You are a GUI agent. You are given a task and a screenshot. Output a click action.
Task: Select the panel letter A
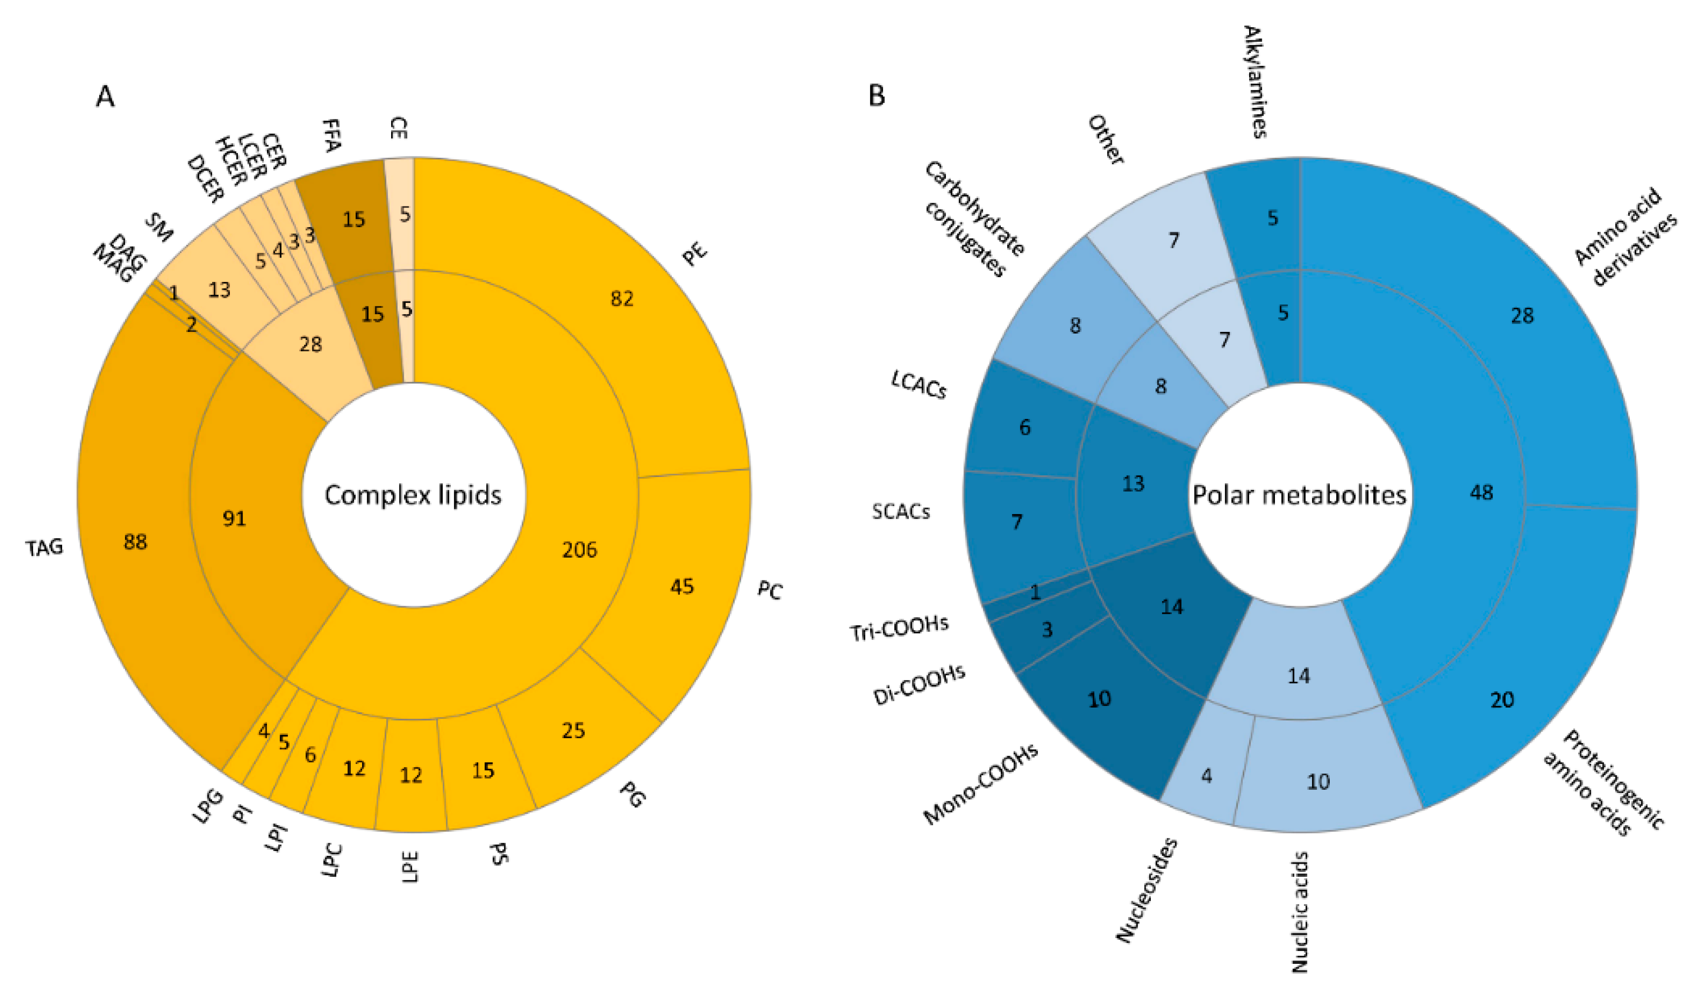[105, 97]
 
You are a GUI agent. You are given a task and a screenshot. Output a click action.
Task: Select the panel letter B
[876, 96]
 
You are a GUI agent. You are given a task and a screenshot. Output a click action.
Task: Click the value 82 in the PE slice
[622, 298]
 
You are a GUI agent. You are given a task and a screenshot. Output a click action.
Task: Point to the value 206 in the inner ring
[579, 549]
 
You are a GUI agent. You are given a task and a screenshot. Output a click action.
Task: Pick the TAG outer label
[44, 546]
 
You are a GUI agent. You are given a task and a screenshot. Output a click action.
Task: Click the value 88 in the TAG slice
[135, 541]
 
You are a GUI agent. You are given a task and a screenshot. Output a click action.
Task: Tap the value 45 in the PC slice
[682, 586]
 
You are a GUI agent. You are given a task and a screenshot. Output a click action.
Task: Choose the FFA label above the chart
[331, 135]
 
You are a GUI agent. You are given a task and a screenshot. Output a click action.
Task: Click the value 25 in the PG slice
[573, 730]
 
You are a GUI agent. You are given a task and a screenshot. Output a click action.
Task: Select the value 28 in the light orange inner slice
[310, 344]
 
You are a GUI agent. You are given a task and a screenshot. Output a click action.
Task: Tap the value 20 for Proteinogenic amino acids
[1502, 700]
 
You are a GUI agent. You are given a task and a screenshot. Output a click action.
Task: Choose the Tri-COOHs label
[899, 628]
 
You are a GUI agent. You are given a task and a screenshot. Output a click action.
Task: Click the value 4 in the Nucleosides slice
[1206, 776]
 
